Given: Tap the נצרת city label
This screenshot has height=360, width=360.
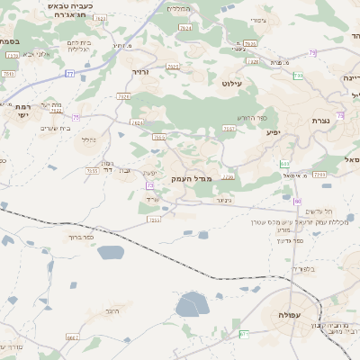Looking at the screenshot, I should click(x=321, y=120).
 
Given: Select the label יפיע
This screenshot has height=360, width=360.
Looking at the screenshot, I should click(x=273, y=132).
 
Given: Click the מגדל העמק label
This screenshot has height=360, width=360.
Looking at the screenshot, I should click(x=191, y=179).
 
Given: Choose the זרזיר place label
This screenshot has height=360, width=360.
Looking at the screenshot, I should click(x=139, y=70).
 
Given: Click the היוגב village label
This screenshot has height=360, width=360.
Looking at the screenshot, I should click(x=112, y=310).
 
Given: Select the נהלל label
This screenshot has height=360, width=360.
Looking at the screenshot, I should click(x=88, y=139).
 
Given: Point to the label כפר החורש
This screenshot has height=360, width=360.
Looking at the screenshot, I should click(x=252, y=118).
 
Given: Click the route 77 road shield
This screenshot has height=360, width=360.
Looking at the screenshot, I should click(x=70, y=74).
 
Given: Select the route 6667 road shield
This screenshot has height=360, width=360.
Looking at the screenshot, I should click(x=73, y=337).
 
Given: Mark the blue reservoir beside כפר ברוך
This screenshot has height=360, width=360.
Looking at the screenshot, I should click(x=109, y=253).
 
